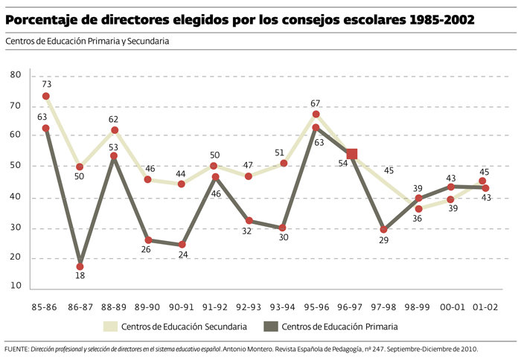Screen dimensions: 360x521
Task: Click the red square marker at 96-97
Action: click(352, 154)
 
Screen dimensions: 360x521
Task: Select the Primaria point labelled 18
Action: click(80, 266)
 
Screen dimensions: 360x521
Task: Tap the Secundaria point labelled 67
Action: click(316, 115)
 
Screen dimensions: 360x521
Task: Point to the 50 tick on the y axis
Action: click(16, 167)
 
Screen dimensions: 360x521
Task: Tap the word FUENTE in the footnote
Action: click(15, 348)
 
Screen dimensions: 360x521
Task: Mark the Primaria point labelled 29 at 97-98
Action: click(384, 230)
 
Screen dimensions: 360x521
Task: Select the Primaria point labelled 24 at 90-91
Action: click(182, 245)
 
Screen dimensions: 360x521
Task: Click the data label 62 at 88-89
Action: click(114, 118)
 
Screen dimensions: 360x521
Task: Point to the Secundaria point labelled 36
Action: click(420, 209)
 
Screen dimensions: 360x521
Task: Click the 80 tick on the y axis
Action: click(16, 75)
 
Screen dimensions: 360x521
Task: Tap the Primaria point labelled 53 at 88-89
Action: click(114, 156)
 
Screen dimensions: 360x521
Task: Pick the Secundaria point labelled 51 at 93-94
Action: click(283, 163)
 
